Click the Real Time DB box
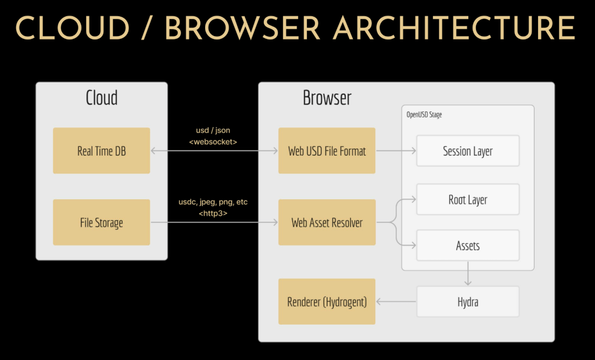click(101, 151)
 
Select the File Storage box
click(101, 222)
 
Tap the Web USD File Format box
click(327, 151)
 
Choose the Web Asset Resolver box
click(327, 222)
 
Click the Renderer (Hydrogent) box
click(327, 301)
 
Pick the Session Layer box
click(468, 151)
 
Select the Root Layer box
click(468, 200)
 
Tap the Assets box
click(468, 246)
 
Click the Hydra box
click(468, 302)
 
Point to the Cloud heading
click(102, 98)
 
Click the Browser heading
click(327, 98)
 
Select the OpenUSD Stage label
click(424, 114)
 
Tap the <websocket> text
click(214, 141)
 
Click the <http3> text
click(213, 213)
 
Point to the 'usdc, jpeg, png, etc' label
click(213, 202)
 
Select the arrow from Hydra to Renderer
click(396, 302)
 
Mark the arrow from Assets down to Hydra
click(468, 273)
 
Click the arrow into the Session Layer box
click(396, 151)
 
